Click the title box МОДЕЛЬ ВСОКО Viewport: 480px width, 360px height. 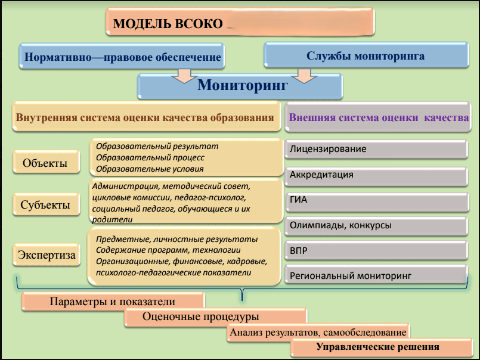point(239,23)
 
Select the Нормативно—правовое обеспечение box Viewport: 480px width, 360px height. point(123,58)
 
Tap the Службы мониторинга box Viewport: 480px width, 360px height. point(365,56)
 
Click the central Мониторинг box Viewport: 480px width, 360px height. point(242,86)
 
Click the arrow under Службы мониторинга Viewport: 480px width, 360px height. point(304,76)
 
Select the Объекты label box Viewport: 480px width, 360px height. point(45,163)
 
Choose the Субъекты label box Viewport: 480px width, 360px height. point(45,206)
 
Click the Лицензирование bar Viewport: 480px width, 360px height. point(376,149)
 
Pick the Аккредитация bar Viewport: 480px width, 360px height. point(376,175)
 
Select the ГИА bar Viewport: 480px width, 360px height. point(376,200)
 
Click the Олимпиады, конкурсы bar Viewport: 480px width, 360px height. point(376,225)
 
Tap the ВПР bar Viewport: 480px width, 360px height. point(376,250)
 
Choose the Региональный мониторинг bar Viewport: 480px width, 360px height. point(376,276)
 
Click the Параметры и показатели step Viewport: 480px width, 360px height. point(113,302)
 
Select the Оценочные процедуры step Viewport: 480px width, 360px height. point(215,317)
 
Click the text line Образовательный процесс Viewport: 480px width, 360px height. point(150,157)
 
